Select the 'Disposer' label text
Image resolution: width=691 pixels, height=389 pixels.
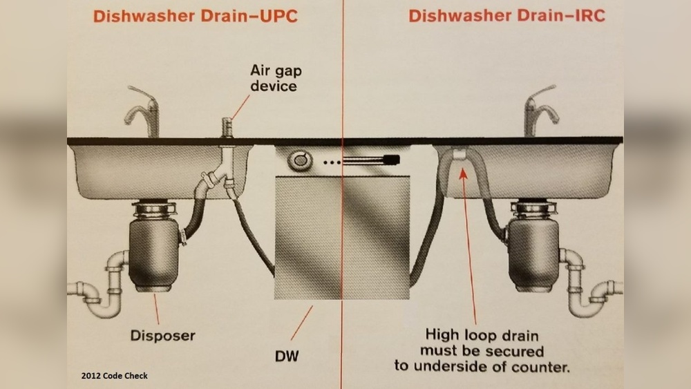pos(162,336)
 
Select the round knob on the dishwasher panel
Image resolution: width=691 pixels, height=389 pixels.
pos(299,161)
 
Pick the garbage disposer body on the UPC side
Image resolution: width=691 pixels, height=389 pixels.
pos(155,245)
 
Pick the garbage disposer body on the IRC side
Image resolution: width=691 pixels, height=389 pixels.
pos(532,246)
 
